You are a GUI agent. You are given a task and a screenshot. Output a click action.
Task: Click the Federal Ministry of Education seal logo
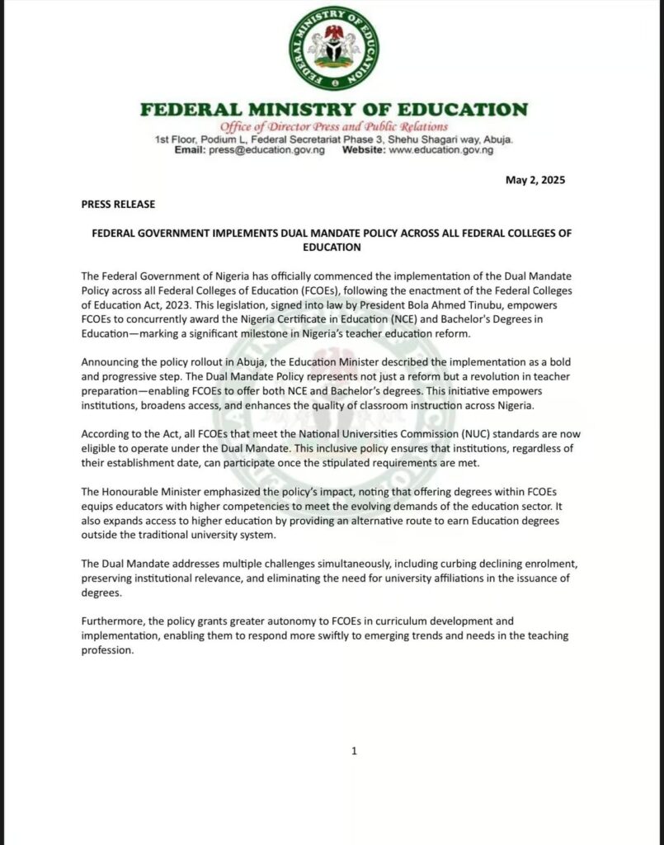coord(334,48)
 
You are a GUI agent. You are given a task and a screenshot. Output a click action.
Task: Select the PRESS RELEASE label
coord(118,204)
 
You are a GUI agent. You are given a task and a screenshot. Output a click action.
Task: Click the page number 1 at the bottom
coord(354,750)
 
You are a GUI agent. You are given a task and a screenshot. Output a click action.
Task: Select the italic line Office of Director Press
coord(334,127)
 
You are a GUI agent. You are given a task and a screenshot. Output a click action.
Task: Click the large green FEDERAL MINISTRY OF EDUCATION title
coord(334,109)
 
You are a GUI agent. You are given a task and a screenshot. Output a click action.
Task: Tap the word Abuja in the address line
coord(496,140)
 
